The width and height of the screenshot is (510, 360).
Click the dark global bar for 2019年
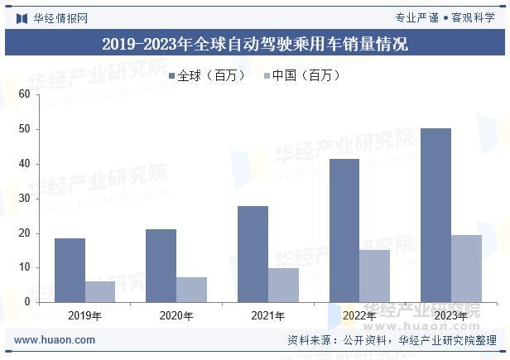tap(70, 270)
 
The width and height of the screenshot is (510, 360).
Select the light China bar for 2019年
tap(100, 291)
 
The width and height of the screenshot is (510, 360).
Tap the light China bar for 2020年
tap(191, 290)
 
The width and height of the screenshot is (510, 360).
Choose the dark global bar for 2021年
tap(253, 254)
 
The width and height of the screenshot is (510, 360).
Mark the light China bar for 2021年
tap(283, 285)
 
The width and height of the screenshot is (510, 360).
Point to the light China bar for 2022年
tap(375, 276)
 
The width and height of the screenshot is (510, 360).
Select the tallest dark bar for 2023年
tap(435, 215)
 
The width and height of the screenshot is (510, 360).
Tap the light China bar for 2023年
tap(466, 268)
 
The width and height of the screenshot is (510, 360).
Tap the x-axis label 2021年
tap(267, 315)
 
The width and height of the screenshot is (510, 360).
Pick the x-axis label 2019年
tap(84, 315)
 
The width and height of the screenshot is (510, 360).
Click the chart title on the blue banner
tap(255, 44)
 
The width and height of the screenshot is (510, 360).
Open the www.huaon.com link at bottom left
tap(55, 340)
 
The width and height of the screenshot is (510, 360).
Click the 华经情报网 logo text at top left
tap(60, 17)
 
